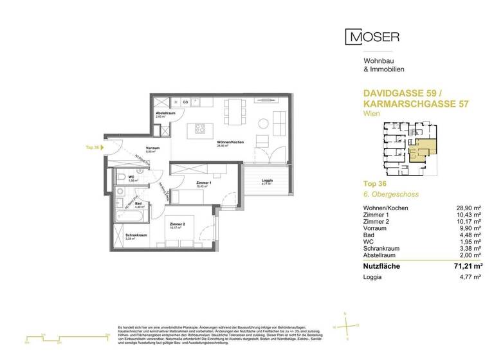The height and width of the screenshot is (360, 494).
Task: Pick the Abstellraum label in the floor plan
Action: pos(165,113)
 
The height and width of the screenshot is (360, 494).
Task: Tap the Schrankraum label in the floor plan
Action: pos(134,235)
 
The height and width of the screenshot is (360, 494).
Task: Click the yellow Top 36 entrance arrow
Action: pos(106,147)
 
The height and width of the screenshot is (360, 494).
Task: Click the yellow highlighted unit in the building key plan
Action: pos(423,148)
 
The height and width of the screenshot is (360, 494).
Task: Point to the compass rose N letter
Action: pos(345,314)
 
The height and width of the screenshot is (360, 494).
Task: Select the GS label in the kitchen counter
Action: pos(186,102)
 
